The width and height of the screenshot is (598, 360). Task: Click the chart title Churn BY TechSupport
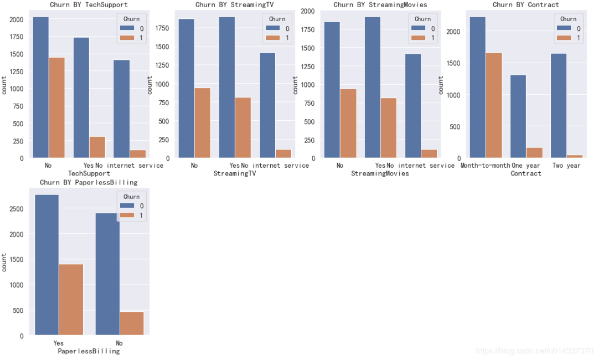click(x=89, y=4)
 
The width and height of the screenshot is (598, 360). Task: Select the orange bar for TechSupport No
click(x=57, y=107)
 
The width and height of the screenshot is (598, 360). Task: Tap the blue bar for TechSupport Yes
click(x=81, y=97)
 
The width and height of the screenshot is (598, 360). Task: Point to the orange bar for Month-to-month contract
click(x=494, y=105)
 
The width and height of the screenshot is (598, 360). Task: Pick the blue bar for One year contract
click(x=518, y=116)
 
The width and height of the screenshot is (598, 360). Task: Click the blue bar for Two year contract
click(x=559, y=106)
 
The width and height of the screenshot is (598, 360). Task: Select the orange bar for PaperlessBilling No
click(x=132, y=323)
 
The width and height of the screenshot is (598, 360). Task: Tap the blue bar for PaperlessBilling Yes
click(x=47, y=265)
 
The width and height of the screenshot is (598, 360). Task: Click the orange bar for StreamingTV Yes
click(x=243, y=128)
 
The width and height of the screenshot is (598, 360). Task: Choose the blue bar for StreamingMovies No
click(x=332, y=90)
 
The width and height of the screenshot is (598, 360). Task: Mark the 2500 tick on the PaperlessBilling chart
click(x=17, y=209)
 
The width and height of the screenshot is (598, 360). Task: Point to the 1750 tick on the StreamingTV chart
click(x=162, y=28)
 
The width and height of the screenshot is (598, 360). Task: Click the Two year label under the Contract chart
click(x=566, y=166)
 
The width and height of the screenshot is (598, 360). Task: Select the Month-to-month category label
click(x=485, y=166)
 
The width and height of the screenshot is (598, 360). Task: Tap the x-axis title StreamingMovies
click(x=380, y=173)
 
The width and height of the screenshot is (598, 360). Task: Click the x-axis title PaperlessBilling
click(x=89, y=351)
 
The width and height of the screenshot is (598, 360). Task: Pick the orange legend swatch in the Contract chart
click(x=564, y=38)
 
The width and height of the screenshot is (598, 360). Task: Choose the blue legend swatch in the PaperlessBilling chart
click(x=127, y=206)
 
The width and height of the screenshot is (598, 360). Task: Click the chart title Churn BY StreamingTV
click(x=234, y=4)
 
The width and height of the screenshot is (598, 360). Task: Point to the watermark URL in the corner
click(x=534, y=351)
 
